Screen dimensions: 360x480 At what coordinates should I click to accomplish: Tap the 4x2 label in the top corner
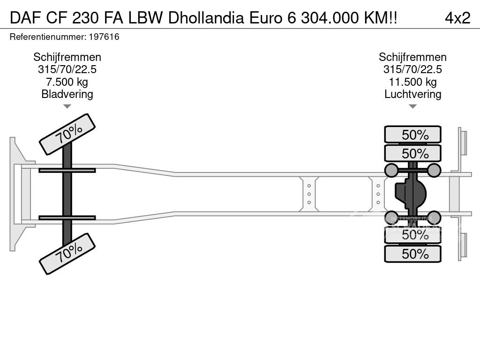coord(457,18)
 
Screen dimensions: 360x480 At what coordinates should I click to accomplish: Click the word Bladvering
coord(67,94)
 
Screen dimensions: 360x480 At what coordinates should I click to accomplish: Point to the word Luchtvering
coord(412,94)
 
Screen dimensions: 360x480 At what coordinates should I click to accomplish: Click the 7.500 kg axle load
coord(67,82)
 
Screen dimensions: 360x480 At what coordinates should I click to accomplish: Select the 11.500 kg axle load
coord(412,82)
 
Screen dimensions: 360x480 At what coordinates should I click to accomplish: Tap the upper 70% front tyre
coord(67,134)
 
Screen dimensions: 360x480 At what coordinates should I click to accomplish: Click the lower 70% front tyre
coord(67,254)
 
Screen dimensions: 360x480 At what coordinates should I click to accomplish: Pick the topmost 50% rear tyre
coord(412,135)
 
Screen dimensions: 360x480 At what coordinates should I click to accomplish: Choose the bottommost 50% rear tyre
coord(412,254)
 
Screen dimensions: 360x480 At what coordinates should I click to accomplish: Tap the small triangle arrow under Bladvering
coord(67,106)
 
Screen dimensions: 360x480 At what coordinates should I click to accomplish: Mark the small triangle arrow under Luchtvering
coord(412,106)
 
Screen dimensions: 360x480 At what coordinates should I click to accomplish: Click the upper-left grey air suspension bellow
coord(391,170)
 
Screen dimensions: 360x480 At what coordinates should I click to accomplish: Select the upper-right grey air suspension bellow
coord(434,170)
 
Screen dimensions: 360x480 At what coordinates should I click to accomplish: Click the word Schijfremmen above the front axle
coord(67,57)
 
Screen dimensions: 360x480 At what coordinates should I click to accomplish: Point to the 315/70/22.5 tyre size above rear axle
coord(412,70)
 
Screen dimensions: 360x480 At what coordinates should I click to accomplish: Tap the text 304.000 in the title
coord(324,18)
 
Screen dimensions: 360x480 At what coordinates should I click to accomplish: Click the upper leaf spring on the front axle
coord(67,170)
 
